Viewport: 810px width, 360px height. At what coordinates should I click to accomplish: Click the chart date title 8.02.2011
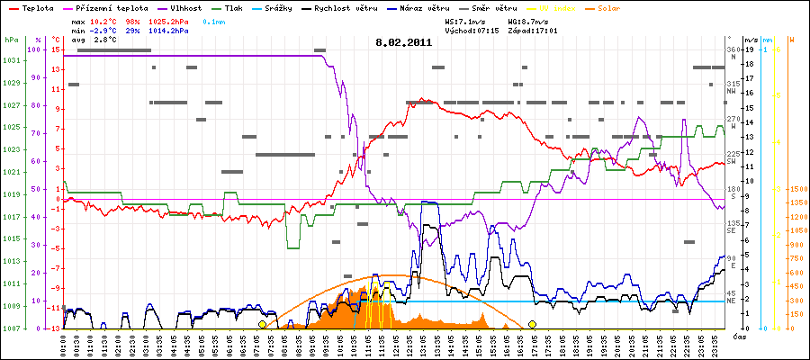tap(404, 41)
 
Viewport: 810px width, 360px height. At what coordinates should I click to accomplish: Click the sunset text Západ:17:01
tap(533, 30)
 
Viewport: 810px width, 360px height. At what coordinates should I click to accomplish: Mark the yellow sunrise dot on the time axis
tap(262, 324)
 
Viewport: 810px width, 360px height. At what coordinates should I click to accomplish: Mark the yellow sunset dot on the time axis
tap(533, 324)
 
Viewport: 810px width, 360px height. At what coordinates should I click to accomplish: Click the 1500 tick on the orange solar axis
tap(798, 189)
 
